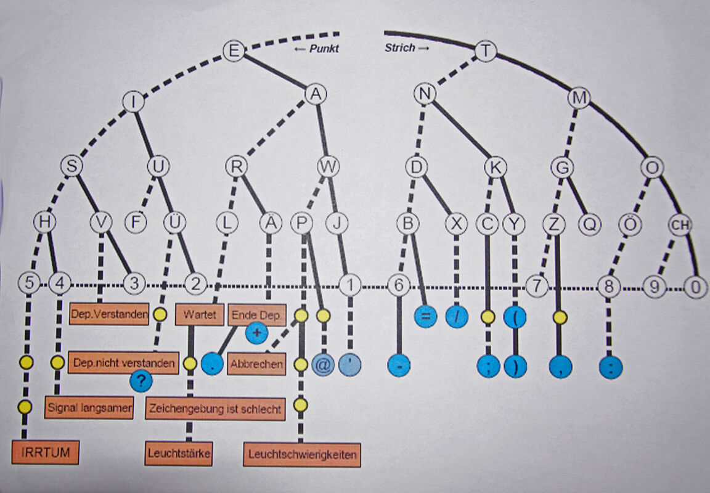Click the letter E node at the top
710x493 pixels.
pos(233,51)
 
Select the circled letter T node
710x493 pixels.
pos(486,51)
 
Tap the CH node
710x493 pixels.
pos(680,226)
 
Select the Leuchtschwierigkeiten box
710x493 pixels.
pos(301,455)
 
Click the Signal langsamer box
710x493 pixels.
pos(89,408)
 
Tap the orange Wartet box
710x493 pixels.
pos(199,315)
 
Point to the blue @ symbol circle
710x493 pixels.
pos(322,364)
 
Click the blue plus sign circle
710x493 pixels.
pos(257,333)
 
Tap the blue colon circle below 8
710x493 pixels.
pos(610,368)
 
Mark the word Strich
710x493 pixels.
pos(400,47)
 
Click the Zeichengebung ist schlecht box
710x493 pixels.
pos(215,408)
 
